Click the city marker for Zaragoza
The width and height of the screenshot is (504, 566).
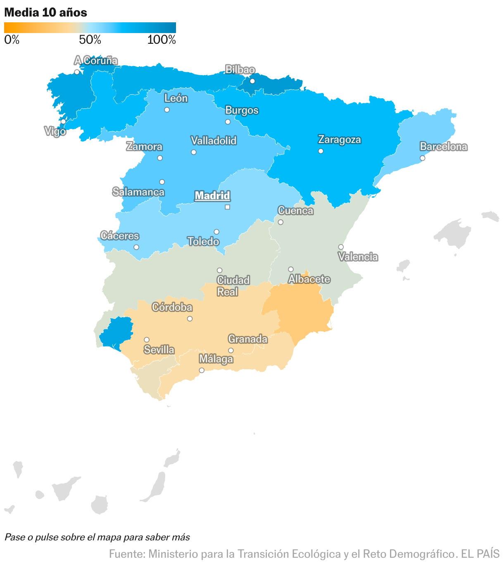(x=321, y=151)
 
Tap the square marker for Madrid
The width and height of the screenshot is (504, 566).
(x=227, y=207)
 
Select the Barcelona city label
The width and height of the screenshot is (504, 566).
(x=443, y=147)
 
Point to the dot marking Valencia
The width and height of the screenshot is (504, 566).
(x=341, y=247)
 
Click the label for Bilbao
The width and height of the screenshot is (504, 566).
(x=240, y=70)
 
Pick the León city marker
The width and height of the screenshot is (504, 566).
(x=167, y=110)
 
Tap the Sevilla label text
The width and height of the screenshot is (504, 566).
(x=159, y=350)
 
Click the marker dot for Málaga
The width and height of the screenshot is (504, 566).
(x=202, y=370)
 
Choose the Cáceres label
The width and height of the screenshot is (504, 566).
(x=120, y=236)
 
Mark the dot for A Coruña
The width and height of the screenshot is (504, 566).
(x=77, y=72)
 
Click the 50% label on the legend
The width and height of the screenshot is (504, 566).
(x=90, y=40)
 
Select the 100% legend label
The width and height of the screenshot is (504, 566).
(x=162, y=40)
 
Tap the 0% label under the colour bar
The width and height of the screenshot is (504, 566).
(x=12, y=40)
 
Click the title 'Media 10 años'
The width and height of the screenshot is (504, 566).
(x=45, y=13)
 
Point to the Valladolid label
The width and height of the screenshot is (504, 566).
(x=214, y=141)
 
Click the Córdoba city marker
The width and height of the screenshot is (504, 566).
(x=190, y=319)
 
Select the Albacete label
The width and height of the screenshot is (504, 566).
(x=309, y=279)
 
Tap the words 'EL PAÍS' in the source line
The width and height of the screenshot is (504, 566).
(x=480, y=554)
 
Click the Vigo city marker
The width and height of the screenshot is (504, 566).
(x=63, y=122)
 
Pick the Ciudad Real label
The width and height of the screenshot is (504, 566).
(x=233, y=286)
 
